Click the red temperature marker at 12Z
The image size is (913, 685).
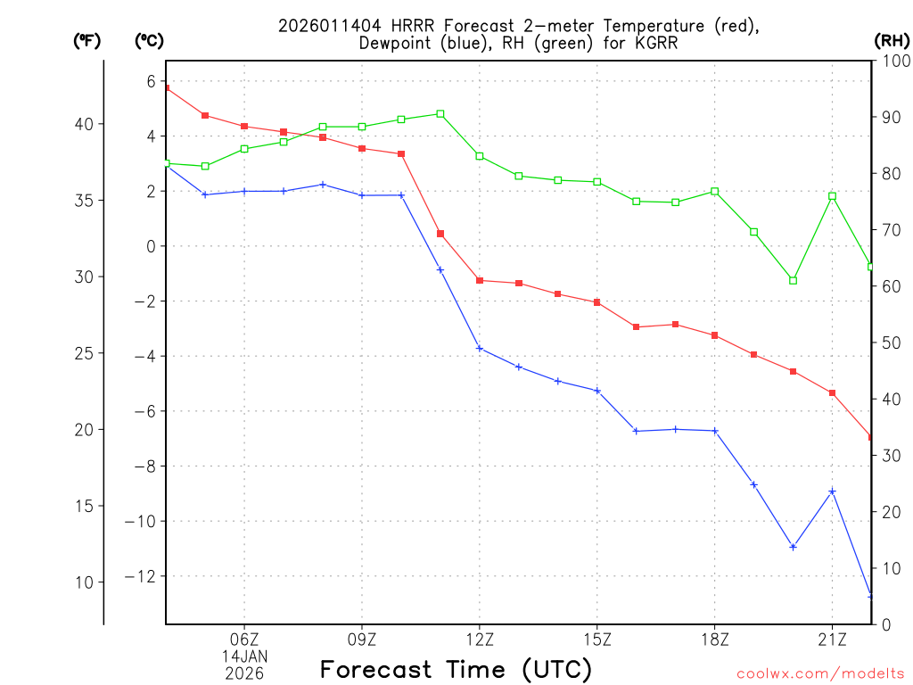click(480, 280)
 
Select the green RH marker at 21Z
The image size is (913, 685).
click(832, 195)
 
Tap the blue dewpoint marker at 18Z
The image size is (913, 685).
click(715, 431)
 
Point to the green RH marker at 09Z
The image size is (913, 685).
click(362, 127)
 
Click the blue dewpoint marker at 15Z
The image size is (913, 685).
click(597, 391)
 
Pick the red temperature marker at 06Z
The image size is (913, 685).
click(244, 126)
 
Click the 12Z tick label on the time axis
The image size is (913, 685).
click(480, 639)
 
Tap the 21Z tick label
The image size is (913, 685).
click(832, 639)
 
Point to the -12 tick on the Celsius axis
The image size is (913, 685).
click(144, 576)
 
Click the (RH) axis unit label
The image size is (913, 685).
click(891, 40)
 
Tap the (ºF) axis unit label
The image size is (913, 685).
click(86, 40)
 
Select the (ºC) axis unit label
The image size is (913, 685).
click(148, 40)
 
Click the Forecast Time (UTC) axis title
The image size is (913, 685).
click(456, 668)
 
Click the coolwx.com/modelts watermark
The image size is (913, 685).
click(820, 673)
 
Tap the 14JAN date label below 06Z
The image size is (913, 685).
click(244, 656)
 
